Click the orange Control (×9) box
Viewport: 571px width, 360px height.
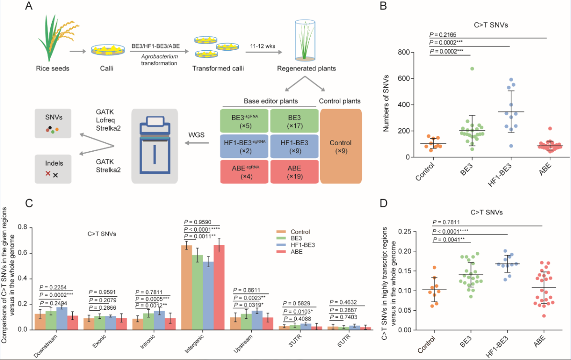tap(340, 146)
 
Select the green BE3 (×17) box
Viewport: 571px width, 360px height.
tap(293, 121)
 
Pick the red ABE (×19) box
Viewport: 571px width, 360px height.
tap(293, 171)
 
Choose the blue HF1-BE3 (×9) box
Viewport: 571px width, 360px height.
tap(293, 146)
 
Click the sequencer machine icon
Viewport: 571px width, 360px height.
tap(155, 145)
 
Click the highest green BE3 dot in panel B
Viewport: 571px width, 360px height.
tap(459, 69)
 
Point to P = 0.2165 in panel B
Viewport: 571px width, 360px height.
tap(444, 34)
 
